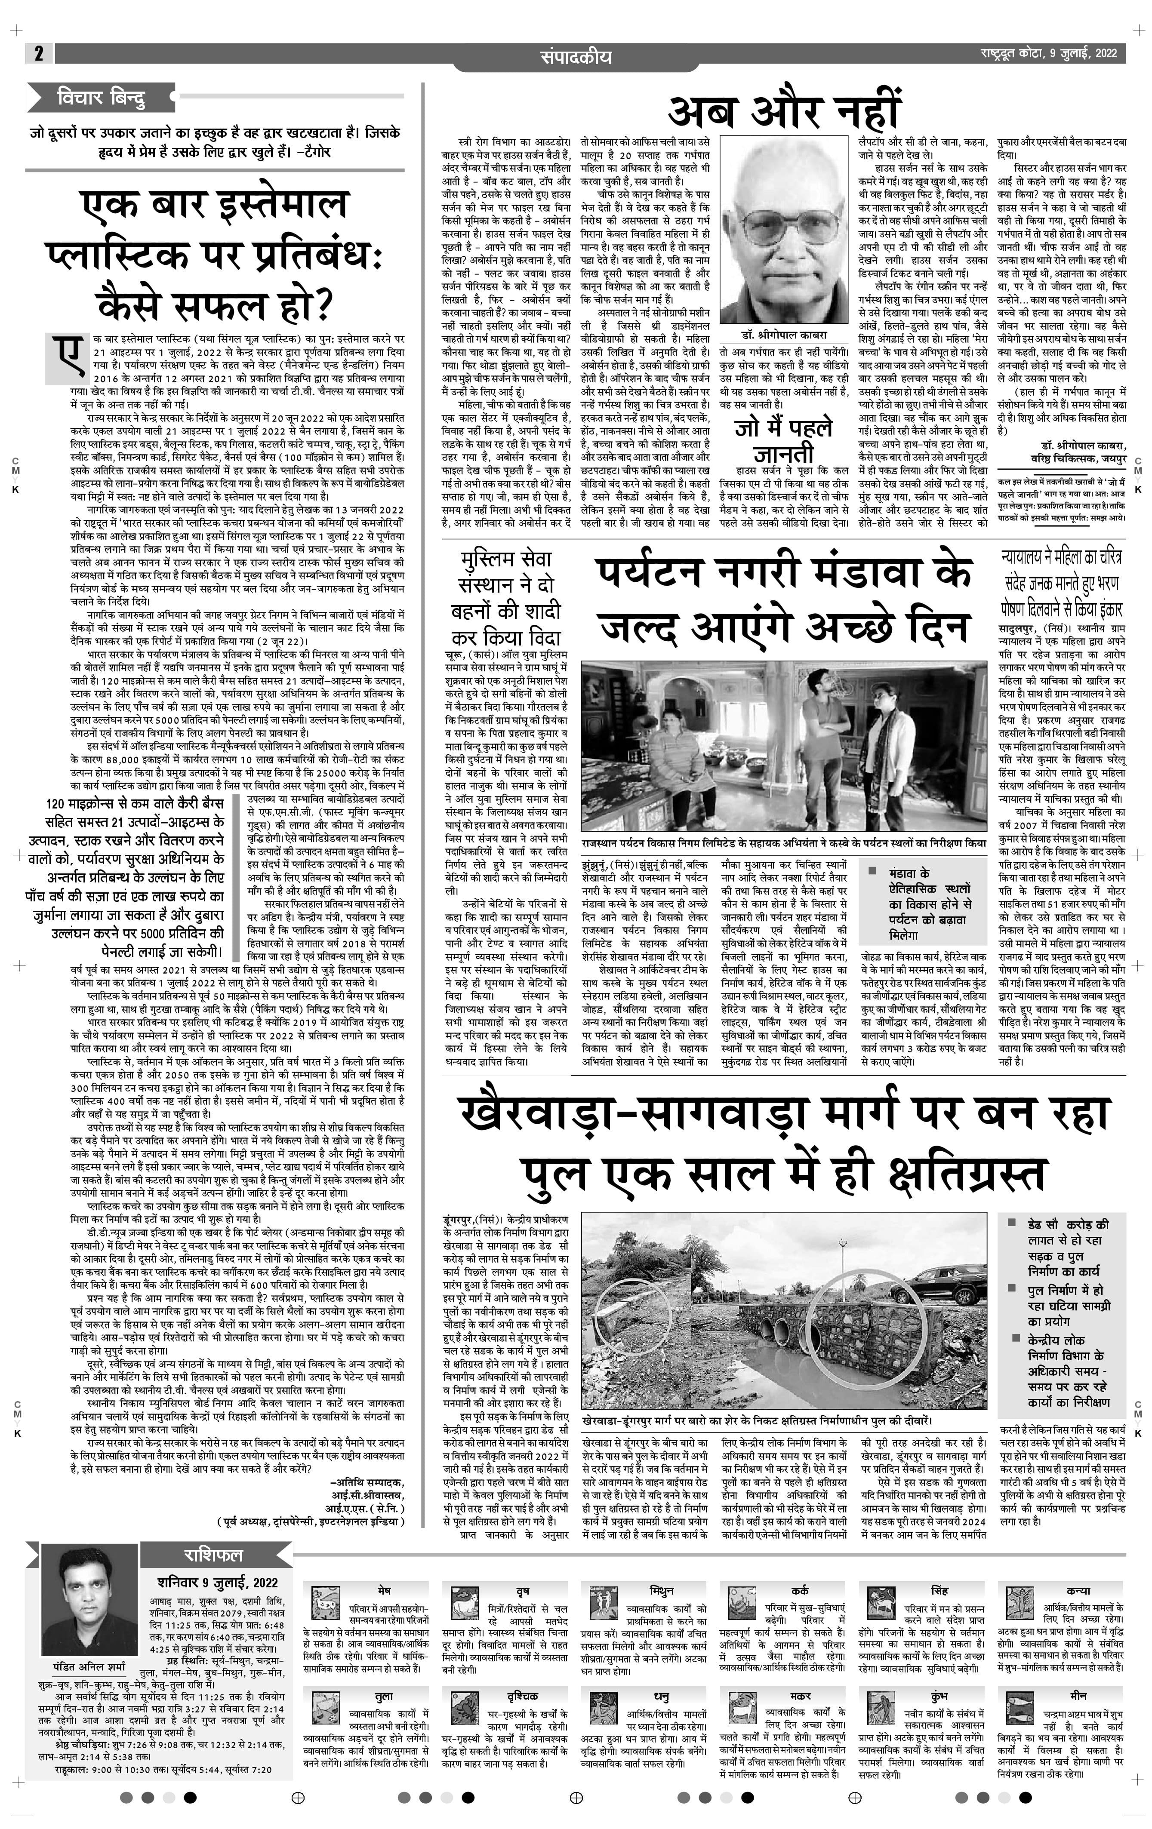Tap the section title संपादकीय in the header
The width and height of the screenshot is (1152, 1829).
tap(576, 56)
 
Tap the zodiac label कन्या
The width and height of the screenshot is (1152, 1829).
tap(1078, 1590)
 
